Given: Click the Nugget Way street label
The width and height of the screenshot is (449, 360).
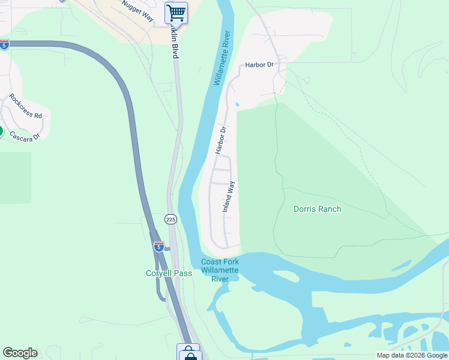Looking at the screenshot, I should point(137,11).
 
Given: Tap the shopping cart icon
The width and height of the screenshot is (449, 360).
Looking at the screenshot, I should point(176,12).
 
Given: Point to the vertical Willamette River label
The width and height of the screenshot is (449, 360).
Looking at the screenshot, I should point(220,58).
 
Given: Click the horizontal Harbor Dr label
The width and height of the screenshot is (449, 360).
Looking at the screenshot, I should point(259,65).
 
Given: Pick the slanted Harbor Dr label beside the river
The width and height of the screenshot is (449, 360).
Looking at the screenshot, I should point(221,139).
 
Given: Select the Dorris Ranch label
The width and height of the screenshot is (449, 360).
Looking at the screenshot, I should point(317,209).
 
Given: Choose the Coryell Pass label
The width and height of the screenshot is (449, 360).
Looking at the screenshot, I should point(169,273).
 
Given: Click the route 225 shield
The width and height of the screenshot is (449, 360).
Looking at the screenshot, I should point(171,220).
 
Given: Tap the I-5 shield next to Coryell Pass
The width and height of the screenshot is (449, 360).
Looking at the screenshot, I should point(158,246).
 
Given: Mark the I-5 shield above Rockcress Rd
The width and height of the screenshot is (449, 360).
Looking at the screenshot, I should point(4,44).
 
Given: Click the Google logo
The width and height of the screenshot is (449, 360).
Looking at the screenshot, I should point(20,353).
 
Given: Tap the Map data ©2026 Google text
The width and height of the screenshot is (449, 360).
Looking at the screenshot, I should point(411,355).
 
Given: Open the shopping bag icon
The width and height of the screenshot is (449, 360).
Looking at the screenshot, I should point(189,353).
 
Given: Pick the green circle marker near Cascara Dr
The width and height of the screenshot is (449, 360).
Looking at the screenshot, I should point(1,131).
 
